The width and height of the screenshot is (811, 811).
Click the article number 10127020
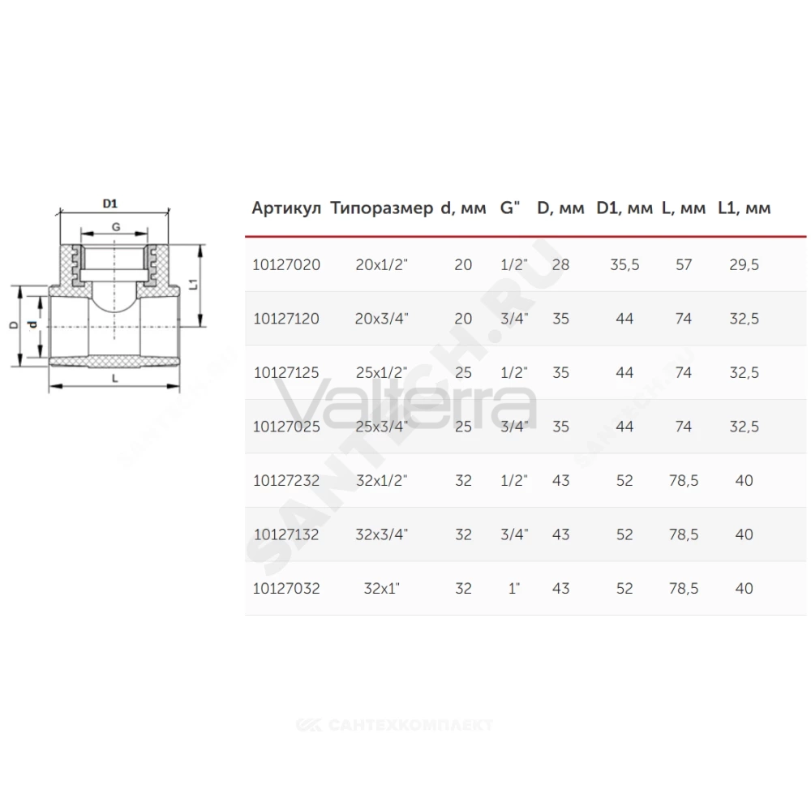click(286, 265)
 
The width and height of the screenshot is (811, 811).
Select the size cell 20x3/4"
click(382, 319)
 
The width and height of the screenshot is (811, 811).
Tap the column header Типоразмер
click(382, 208)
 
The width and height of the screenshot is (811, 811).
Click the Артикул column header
click(286, 208)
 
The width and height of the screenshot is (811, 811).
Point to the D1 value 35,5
click(624, 265)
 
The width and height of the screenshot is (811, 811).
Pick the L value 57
click(683, 265)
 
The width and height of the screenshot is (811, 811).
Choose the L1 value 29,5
click(744, 265)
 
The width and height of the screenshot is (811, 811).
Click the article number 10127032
click(286, 589)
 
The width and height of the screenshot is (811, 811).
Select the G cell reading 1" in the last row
click(513, 588)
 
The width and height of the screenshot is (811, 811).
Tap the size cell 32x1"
click(382, 588)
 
